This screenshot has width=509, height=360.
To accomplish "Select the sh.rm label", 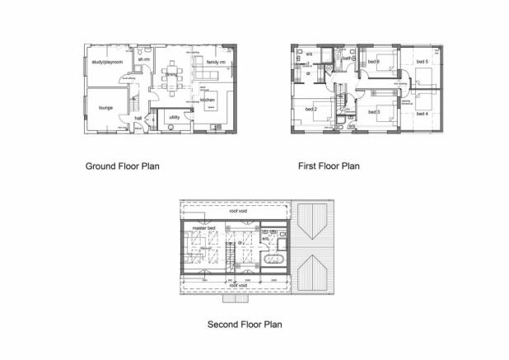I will point(143,61).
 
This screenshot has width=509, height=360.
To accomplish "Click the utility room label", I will point(175,118).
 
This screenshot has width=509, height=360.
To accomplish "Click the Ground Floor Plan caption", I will point(123,166).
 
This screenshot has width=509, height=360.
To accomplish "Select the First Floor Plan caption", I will point(329,166).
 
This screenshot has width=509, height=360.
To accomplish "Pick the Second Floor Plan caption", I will point(245,324).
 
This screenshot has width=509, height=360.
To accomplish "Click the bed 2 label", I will point(311,110).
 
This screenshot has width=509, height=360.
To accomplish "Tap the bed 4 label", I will point(423,113).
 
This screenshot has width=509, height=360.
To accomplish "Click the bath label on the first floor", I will point(348,59).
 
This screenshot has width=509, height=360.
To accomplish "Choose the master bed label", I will point(203,227).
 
